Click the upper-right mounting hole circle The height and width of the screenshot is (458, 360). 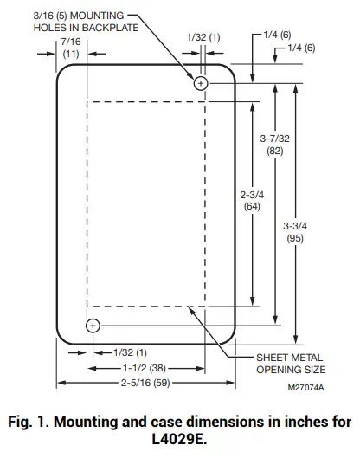pyautogui.click(x=201, y=83)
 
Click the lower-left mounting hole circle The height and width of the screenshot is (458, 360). pyautogui.click(x=93, y=326)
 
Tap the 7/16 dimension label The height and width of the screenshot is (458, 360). pyautogui.click(x=71, y=40)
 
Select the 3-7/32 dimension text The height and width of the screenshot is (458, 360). pyautogui.click(x=274, y=139)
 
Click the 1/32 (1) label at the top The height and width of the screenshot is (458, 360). pyautogui.click(x=204, y=39)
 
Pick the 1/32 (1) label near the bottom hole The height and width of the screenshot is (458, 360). pyautogui.click(x=130, y=353)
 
